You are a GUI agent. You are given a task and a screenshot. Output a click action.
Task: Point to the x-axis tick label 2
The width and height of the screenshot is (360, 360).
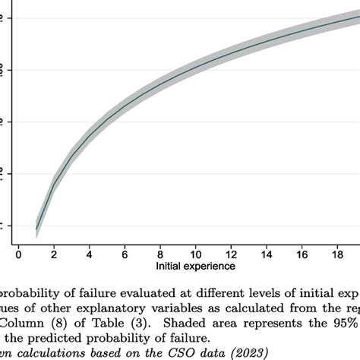[54, 254]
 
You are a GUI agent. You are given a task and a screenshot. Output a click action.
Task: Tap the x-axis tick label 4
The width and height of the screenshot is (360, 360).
[90, 254]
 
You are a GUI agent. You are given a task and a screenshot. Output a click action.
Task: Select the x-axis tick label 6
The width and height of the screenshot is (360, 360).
[125, 254]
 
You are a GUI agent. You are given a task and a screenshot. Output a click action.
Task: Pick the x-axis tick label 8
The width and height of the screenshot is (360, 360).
[161, 254]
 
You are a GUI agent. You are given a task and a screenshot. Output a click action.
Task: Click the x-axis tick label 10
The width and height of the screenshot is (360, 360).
[197, 254]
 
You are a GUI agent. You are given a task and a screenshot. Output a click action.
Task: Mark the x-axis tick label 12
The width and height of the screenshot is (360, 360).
[232, 254]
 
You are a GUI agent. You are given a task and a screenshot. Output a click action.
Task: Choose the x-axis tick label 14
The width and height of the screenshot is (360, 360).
[268, 254]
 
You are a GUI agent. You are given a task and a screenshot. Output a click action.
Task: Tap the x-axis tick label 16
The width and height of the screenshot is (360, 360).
[304, 254]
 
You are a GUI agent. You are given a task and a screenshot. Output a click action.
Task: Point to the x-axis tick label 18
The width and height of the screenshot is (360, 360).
[339, 254]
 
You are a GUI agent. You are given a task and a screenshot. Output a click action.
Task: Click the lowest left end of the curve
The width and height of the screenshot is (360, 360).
[36, 228]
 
